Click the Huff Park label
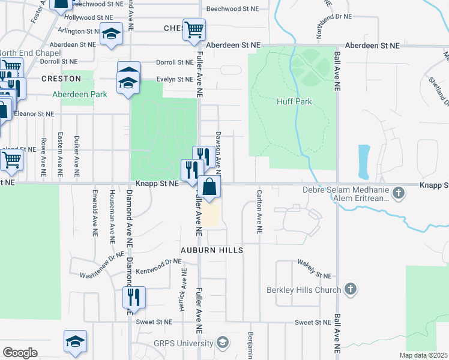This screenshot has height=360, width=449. tap(294, 101)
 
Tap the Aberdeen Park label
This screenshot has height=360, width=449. tap(79, 94)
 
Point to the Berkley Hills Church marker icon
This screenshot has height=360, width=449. tap(351, 290)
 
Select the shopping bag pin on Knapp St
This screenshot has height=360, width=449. tap(209, 187)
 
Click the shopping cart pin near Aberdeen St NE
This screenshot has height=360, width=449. tap(194, 29)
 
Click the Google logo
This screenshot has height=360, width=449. tap(20, 353)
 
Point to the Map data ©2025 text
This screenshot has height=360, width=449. tap(422, 355)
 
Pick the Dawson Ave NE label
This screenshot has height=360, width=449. tap(218, 150)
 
